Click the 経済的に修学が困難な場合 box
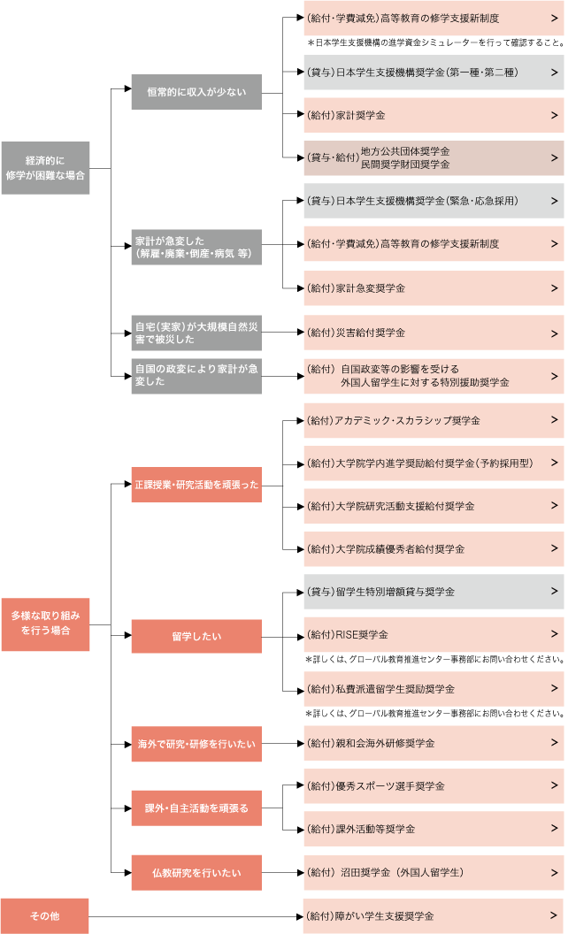click(45, 168)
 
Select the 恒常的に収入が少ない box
click(196, 92)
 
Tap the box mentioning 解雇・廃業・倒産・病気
click(196, 247)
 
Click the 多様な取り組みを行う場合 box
click(45, 624)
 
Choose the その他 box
click(45, 916)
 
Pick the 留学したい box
click(196, 636)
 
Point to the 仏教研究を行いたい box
click(196, 873)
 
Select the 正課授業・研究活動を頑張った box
click(196, 485)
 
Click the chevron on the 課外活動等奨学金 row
click(554, 829)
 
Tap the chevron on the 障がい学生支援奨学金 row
click(554, 916)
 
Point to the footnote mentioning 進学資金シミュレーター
click(434, 42)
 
